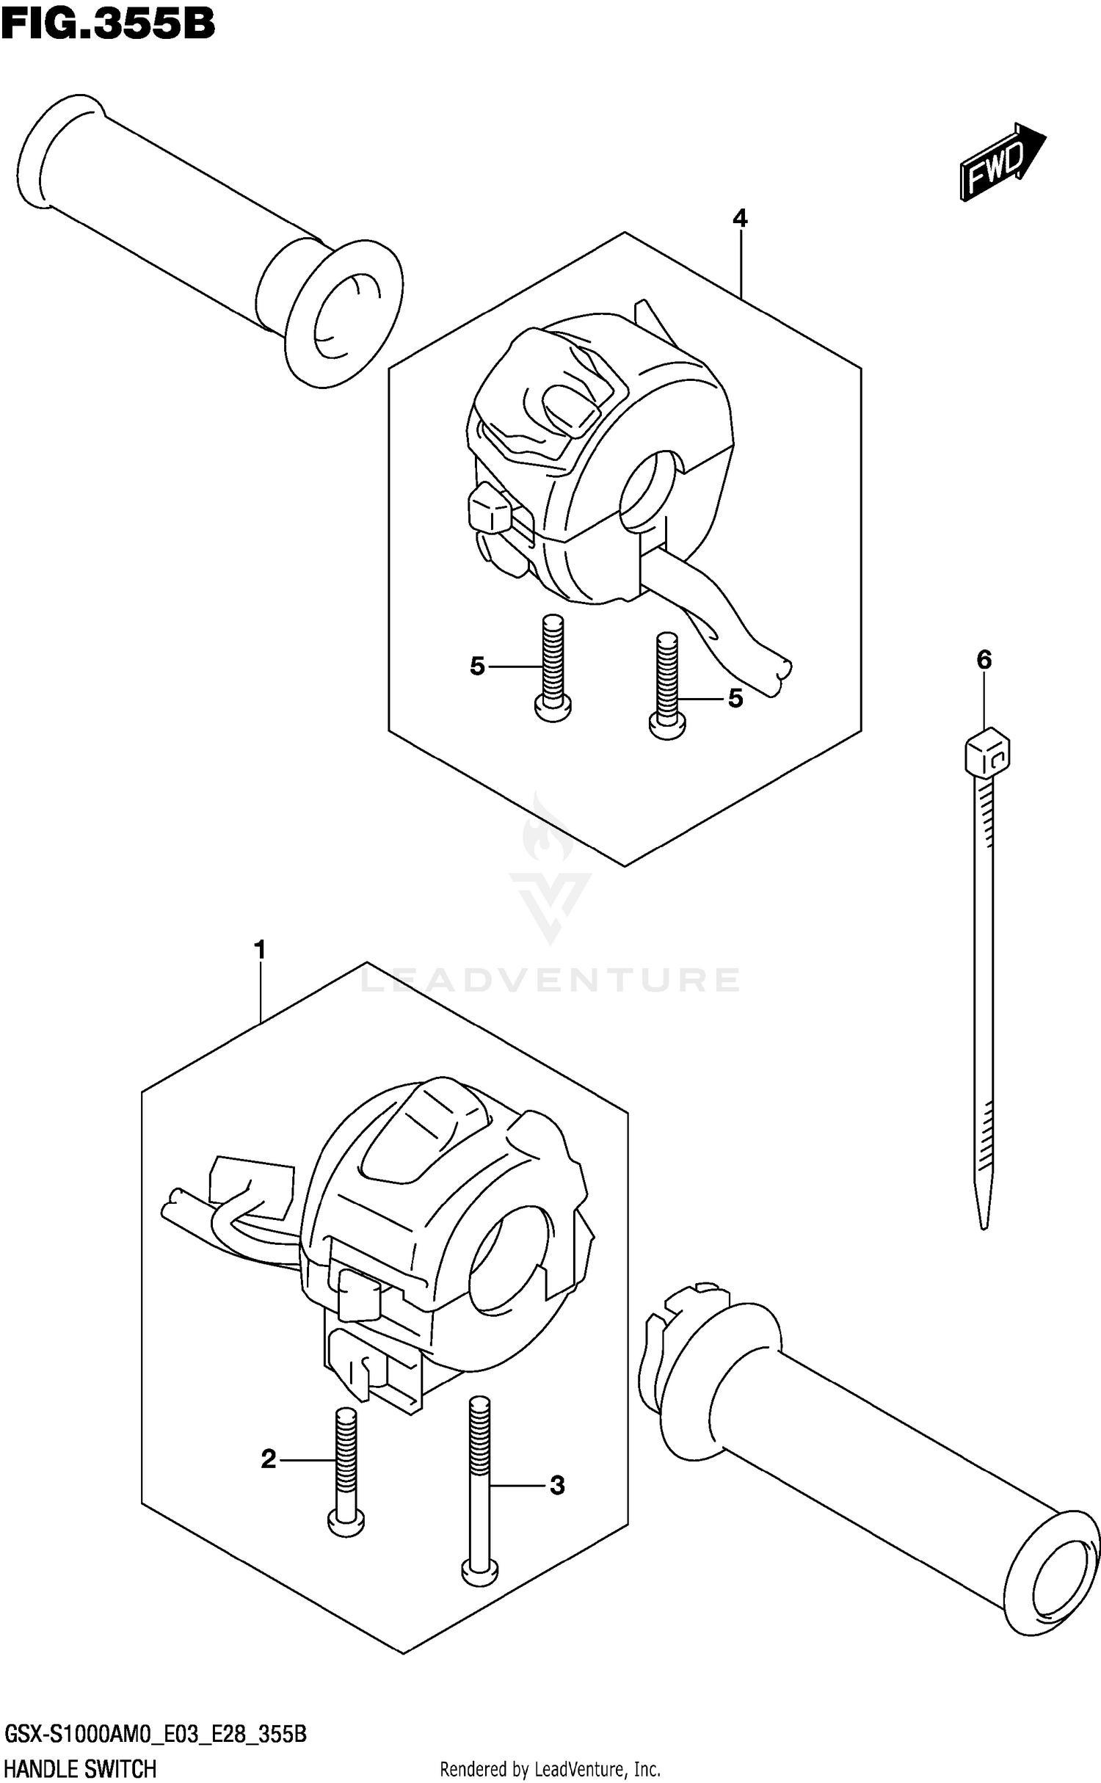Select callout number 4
(x=740, y=218)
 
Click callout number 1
(x=259, y=950)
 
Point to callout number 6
(x=984, y=660)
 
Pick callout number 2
(x=269, y=1459)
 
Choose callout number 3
(x=557, y=1486)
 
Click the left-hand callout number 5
(x=478, y=667)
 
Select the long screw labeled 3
(x=480, y=1490)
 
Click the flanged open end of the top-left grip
(x=344, y=314)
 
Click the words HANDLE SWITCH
(x=81, y=1769)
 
